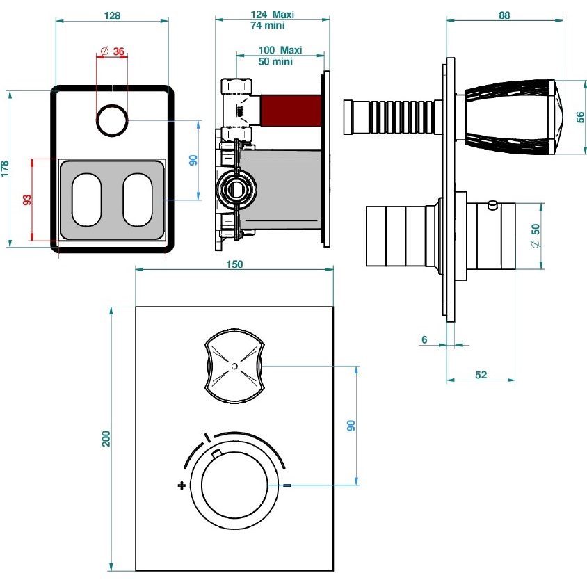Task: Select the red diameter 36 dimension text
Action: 113,51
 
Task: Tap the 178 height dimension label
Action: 5,168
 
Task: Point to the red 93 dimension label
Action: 26,200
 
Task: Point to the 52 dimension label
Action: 481,374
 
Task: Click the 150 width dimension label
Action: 234,264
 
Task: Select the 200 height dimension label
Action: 106,438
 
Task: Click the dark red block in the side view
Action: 290,110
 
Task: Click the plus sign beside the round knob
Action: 182,485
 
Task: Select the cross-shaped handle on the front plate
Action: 234,367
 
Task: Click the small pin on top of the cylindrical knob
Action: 492,204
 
